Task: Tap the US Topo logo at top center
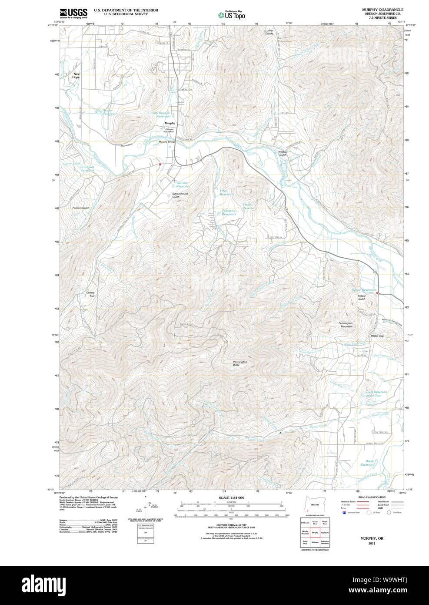coord(232,15)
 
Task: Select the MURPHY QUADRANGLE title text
coord(382,10)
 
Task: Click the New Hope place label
coord(76,76)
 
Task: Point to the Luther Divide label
coord(269,32)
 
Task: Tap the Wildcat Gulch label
coord(283,153)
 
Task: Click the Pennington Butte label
coord(239,363)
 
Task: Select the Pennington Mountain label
coord(346,325)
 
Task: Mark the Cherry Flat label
coord(90,294)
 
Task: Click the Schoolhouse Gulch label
coord(180,195)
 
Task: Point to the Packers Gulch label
coord(81,208)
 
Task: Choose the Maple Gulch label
coord(362,297)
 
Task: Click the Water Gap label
coord(377,336)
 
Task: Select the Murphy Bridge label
coord(166,142)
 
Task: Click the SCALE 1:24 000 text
coord(231,497)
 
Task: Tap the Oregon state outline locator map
coord(313,504)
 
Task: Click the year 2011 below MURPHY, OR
coord(372,544)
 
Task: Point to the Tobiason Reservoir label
coord(229,212)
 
